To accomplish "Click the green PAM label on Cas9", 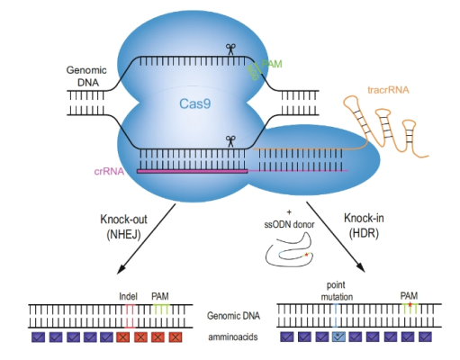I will [x=272, y=66].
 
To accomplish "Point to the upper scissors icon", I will [x=231, y=49].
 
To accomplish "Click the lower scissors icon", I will [x=231, y=139].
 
